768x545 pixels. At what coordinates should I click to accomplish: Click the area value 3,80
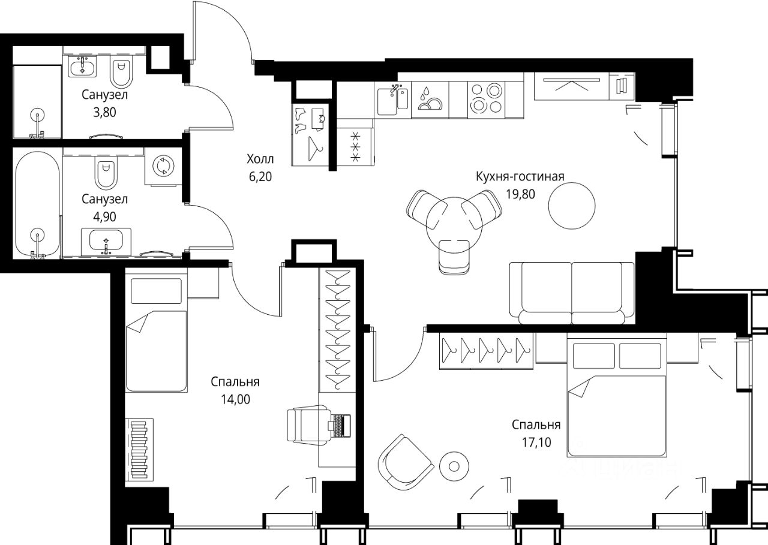(x=104, y=112)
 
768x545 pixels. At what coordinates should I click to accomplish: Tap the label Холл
(x=260, y=159)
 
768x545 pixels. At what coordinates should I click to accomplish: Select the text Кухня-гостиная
(x=520, y=176)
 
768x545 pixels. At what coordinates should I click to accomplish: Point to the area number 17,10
(x=536, y=442)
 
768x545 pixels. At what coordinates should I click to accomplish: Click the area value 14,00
(x=235, y=399)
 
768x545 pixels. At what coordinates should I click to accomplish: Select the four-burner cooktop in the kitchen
(x=487, y=100)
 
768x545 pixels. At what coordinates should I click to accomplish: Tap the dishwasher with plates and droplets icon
(x=430, y=100)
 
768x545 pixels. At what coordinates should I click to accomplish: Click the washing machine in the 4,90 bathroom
(x=163, y=167)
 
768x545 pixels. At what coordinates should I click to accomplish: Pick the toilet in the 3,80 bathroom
(x=121, y=73)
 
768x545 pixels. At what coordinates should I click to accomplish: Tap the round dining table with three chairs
(x=454, y=225)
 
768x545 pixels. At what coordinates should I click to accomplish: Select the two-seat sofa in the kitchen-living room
(x=572, y=293)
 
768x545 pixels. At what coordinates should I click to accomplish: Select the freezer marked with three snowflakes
(x=356, y=143)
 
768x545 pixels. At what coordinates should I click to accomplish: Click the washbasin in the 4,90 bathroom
(x=106, y=241)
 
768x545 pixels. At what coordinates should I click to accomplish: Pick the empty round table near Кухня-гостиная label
(x=572, y=206)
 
